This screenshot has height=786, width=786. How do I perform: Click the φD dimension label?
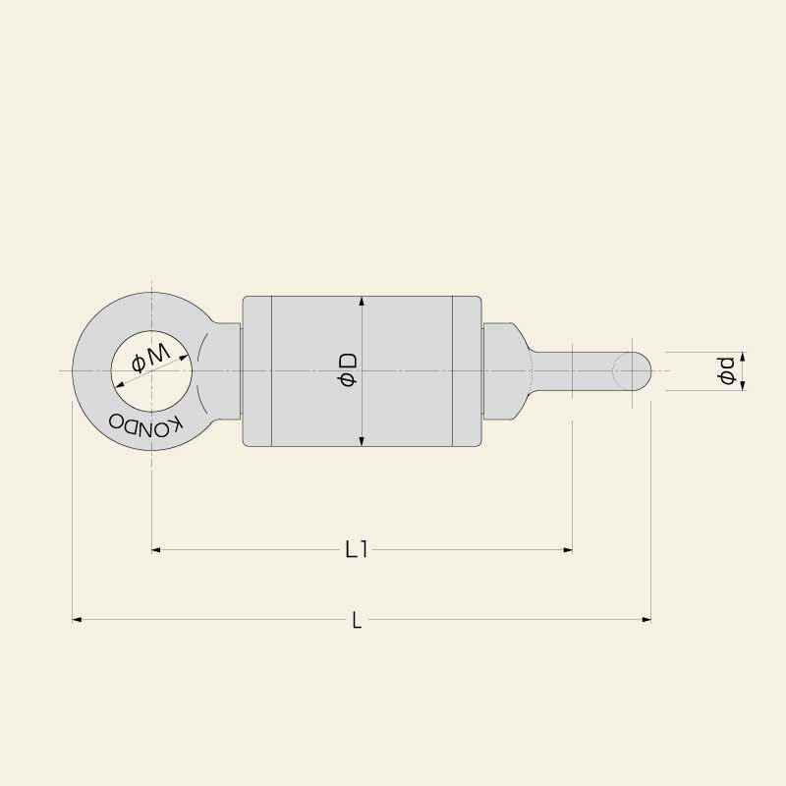[348, 370]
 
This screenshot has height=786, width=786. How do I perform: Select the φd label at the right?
[727, 371]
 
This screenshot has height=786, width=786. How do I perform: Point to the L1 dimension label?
[357, 550]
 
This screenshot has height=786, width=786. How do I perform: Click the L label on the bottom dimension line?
[357, 620]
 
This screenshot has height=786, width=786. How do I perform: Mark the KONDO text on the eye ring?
[145, 424]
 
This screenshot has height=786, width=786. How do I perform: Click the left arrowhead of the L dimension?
[78, 620]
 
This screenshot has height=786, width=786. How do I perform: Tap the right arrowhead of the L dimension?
[646, 620]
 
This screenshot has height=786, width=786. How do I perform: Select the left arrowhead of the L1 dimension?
[156, 550]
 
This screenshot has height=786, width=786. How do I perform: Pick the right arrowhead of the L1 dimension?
[568, 550]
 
